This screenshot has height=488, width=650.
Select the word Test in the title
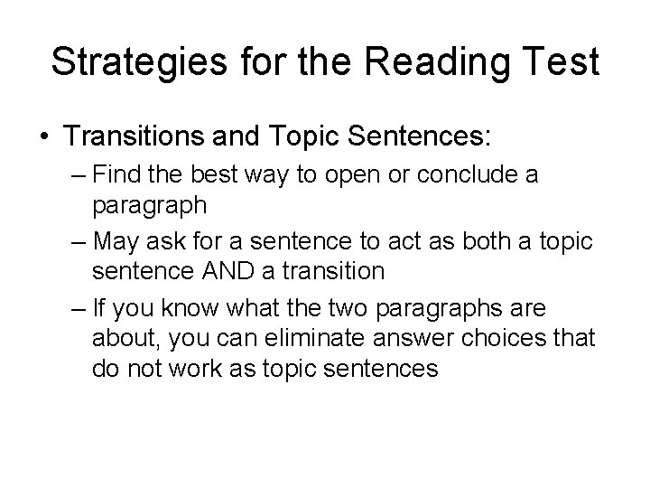[x=559, y=62]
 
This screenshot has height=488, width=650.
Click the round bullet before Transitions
[x=42, y=137]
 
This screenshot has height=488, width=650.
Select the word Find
[x=115, y=174]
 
